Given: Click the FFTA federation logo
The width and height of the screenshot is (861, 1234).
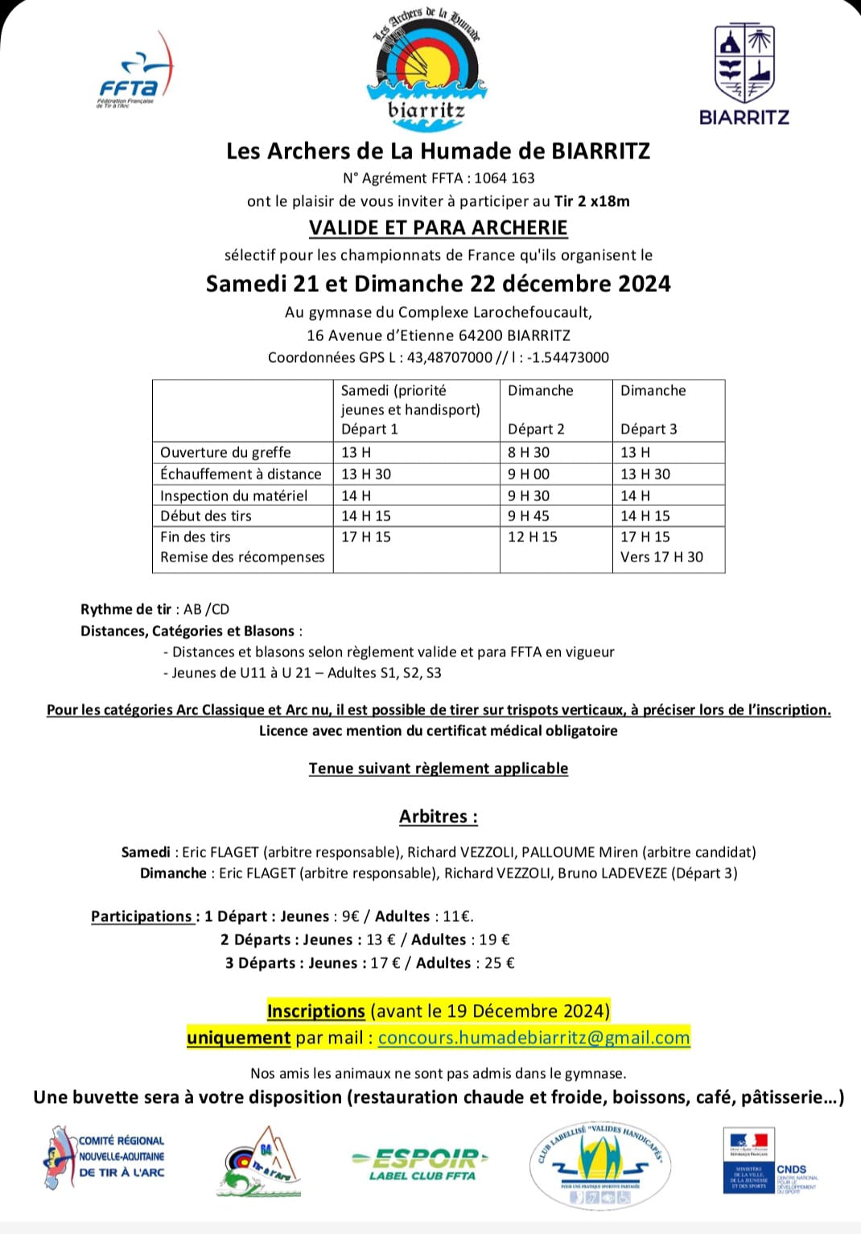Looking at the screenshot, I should tap(134, 74).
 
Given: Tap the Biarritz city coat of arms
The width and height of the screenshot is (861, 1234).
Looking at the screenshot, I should tap(744, 64).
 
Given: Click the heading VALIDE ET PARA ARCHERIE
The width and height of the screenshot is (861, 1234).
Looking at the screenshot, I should tap(439, 228).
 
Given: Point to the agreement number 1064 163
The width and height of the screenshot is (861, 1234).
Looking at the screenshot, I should tap(505, 178).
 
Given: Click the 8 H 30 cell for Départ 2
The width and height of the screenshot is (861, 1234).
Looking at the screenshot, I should tap(529, 452).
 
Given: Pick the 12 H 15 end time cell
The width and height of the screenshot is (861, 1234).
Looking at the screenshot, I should tap(532, 537).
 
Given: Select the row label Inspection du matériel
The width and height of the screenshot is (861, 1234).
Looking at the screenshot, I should tap(233, 496).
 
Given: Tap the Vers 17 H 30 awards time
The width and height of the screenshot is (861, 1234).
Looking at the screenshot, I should tap(661, 557).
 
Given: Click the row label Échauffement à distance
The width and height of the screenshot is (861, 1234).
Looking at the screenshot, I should tap(241, 474).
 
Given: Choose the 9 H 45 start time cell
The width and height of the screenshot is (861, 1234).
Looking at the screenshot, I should tap(529, 516).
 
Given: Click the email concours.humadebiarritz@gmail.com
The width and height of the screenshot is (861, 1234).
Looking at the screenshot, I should tap(533, 1038).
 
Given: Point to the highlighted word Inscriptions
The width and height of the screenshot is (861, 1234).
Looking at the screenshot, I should tap(316, 1011).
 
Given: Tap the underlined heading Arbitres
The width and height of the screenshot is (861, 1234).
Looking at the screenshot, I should tap(438, 816).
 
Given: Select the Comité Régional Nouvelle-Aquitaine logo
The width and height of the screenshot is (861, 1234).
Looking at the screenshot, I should tap(104, 1158).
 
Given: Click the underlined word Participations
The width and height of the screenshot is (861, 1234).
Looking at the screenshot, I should tap(142, 916).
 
